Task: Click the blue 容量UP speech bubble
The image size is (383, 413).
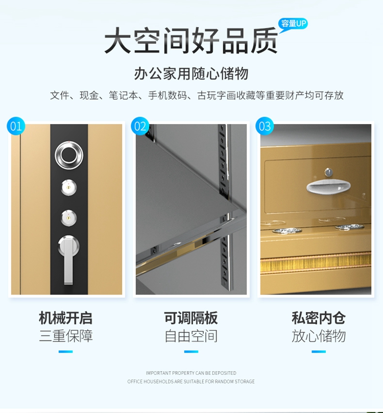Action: coord(293,24)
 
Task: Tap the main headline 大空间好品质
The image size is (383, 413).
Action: coord(191,41)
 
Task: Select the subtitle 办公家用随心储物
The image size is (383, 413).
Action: coord(191,73)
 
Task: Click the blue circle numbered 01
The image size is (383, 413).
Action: coord(16,126)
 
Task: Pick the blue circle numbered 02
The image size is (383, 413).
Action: coord(140,126)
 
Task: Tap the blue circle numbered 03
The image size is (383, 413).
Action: coord(265,126)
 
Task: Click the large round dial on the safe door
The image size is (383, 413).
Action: coord(69,155)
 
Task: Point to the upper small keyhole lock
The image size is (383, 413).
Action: coord(69,187)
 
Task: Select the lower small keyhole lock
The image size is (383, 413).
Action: coord(69,218)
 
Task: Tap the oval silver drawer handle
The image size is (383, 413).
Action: coord(328,186)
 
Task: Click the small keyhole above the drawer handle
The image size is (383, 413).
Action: coord(328,172)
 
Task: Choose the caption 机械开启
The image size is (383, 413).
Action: coord(65,318)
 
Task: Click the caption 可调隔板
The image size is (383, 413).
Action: coord(191,318)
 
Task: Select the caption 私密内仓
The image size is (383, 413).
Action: coord(319,318)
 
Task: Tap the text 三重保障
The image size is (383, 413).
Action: coord(65,336)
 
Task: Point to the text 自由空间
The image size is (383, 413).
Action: coord(191,336)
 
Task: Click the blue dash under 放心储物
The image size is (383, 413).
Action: coord(319,352)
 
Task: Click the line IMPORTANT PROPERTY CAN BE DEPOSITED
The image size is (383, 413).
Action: coord(191,373)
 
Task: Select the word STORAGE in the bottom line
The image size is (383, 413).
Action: coord(245,381)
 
